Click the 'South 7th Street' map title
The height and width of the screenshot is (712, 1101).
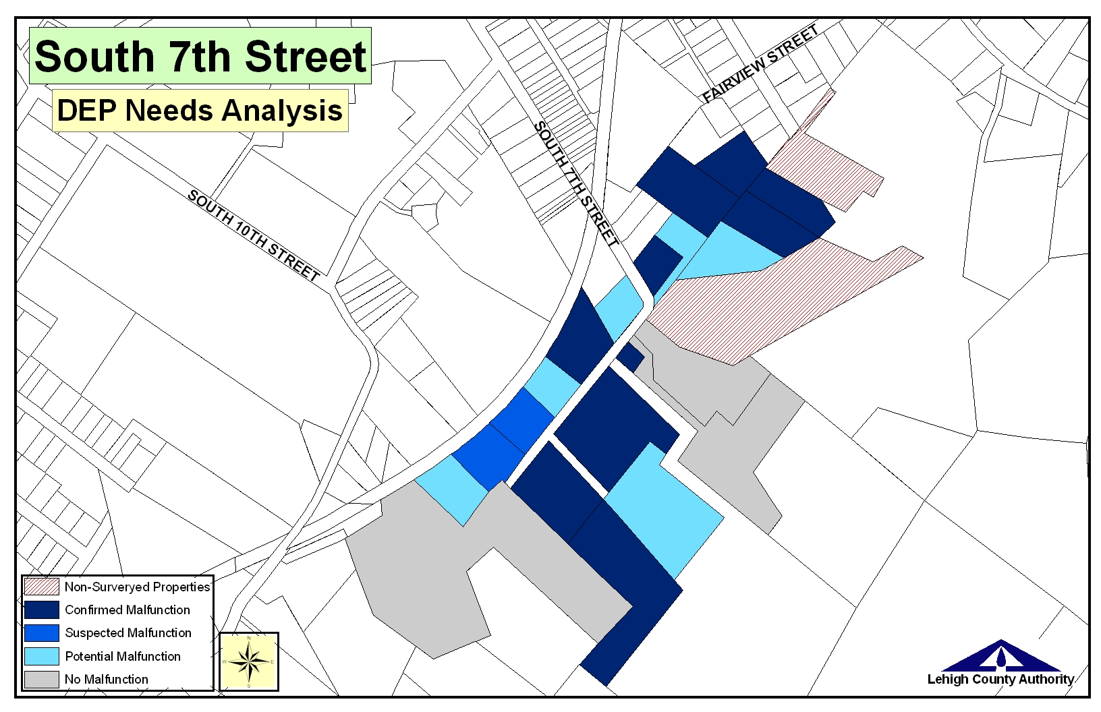(x=200, y=56)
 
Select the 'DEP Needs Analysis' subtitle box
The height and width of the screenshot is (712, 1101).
(x=200, y=110)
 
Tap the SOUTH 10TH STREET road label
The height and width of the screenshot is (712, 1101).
(x=253, y=235)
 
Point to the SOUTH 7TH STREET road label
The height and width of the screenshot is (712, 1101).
(x=575, y=184)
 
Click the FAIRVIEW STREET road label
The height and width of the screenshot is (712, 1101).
(x=760, y=63)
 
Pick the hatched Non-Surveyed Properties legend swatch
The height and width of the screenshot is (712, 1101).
(x=41, y=587)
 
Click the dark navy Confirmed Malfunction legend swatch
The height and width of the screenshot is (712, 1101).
(x=41, y=610)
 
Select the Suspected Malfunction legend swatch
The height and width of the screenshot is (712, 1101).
(x=41, y=632)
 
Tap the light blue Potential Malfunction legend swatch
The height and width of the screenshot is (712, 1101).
(x=41, y=656)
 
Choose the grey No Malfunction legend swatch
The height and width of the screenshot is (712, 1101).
(x=41, y=679)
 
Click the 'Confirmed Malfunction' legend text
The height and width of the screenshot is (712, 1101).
(x=128, y=610)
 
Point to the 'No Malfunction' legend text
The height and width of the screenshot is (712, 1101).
(x=107, y=679)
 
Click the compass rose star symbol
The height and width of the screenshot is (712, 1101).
(x=249, y=661)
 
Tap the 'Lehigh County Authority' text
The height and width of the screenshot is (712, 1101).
(x=1000, y=679)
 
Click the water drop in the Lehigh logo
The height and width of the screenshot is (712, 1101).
(x=1001, y=655)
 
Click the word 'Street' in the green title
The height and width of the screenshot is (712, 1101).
(x=306, y=56)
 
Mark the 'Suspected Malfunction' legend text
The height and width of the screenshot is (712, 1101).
(x=128, y=632)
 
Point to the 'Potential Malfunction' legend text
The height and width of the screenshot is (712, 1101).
(x=123, y=656)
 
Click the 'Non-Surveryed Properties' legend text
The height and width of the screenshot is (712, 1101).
(x=138, y=587)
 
